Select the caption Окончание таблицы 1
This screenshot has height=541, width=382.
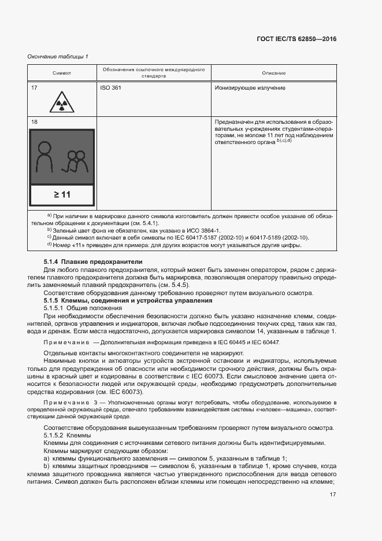(x=58, y=56)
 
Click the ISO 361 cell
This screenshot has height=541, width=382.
(x=112, y=88)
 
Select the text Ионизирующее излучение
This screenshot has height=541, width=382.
(x=250, y=88)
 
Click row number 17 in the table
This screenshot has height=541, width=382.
(x=34, y=88)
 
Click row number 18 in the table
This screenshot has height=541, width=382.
(x=34, y=122)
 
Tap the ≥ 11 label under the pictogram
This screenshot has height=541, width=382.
(x=61, y=194)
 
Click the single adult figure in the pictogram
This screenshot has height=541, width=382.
(x=45, y=158)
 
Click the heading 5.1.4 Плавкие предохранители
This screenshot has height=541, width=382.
(x=93, y=263)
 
